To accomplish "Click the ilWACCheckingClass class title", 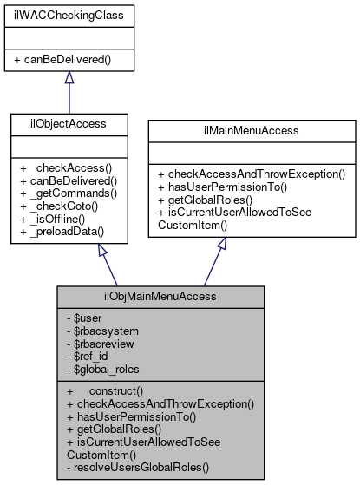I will click(x=69, y=16).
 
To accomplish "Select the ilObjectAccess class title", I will click(x=69, y=124).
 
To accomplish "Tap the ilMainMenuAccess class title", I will click(x=252, y=131).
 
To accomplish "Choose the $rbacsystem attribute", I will click(x=102, y=331).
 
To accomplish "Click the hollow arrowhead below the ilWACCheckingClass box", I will click(x=69, y=78).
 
